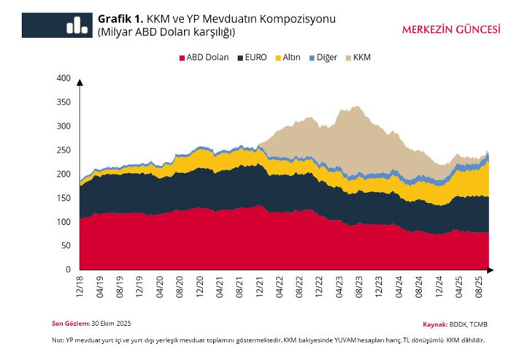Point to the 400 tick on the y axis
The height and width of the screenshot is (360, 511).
pyautogui.click(x=64, y=78)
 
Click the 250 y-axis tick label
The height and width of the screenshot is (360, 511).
pyautogui.click(x=64, y=150)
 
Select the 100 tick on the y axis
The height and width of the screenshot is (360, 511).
pyautogui.click(x=64, y=222)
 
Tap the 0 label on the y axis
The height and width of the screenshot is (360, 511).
pyautogui.click(x=68, y=269)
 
